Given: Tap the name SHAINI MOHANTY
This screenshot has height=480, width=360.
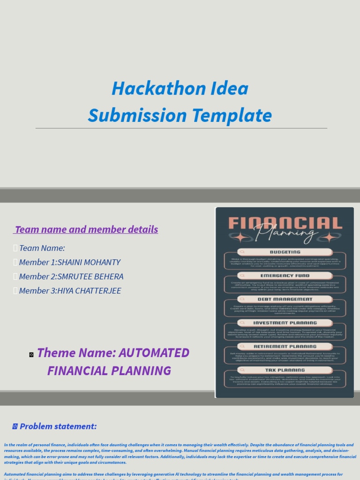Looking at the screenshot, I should (89, 262).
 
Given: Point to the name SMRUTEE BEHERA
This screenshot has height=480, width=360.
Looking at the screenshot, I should (90, 277).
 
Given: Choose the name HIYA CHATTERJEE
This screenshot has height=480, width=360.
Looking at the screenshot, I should (89, 291).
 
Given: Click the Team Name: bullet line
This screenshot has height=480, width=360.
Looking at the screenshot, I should (42, 248).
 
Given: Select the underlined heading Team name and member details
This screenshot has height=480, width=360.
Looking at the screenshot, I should (86, 230).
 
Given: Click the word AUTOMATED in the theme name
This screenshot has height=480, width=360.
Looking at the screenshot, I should (148, 352).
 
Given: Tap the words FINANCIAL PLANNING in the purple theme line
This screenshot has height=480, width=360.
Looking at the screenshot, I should (109, 371).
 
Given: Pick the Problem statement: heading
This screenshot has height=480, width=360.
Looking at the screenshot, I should (58, 426).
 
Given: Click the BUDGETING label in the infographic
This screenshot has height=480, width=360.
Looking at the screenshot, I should (285, 252).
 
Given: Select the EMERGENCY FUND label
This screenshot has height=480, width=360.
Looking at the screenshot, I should (285, 276).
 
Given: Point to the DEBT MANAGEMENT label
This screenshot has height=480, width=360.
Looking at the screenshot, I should (285, 299).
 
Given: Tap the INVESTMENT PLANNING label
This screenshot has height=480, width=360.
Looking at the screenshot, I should (285, 323).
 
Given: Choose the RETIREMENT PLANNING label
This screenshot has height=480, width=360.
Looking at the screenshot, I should (285, 347).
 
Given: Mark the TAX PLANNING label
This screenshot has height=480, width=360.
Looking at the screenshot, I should (285, 370).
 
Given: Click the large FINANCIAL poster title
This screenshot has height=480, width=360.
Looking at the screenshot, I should (285, 224).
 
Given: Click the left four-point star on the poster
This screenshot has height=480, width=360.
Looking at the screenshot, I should (240, 237).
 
